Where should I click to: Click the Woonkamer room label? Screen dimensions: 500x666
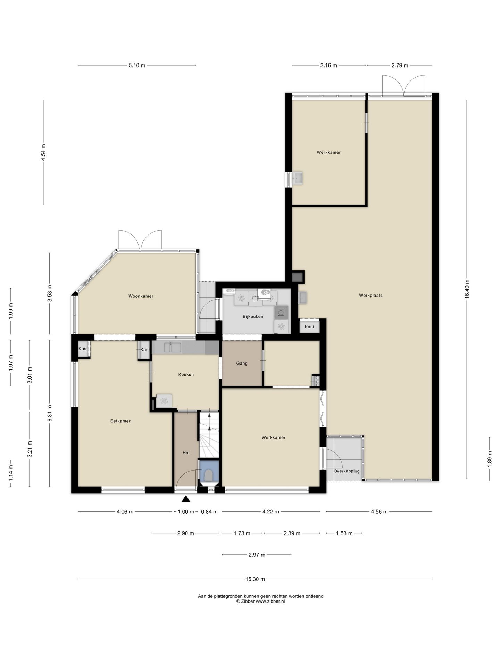point(141,296)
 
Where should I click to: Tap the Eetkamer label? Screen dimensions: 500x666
point(120,421)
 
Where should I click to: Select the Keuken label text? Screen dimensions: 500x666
point(186,374)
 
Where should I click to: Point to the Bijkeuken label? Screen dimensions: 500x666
point(253,316)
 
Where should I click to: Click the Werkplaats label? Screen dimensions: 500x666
point(371,296)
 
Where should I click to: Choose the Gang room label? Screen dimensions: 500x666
point(242,363)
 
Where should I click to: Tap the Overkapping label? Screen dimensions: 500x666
point(347,471)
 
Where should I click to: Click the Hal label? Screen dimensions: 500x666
point(186,453)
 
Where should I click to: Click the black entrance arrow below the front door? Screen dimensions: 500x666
point(186,499)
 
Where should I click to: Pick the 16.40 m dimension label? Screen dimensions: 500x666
point(467,289)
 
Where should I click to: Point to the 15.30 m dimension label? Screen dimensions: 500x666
point(255,579)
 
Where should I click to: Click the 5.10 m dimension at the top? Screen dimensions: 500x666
point(137,65)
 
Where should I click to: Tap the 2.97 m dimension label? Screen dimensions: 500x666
point(257,555)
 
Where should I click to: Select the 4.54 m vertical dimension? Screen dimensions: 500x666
point(43,152)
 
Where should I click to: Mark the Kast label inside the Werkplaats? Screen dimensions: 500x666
point(309,327)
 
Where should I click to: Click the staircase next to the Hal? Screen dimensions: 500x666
point(209,435)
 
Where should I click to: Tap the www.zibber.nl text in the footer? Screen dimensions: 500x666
point(270,601)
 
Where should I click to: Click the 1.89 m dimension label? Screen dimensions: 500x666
point(490,459)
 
